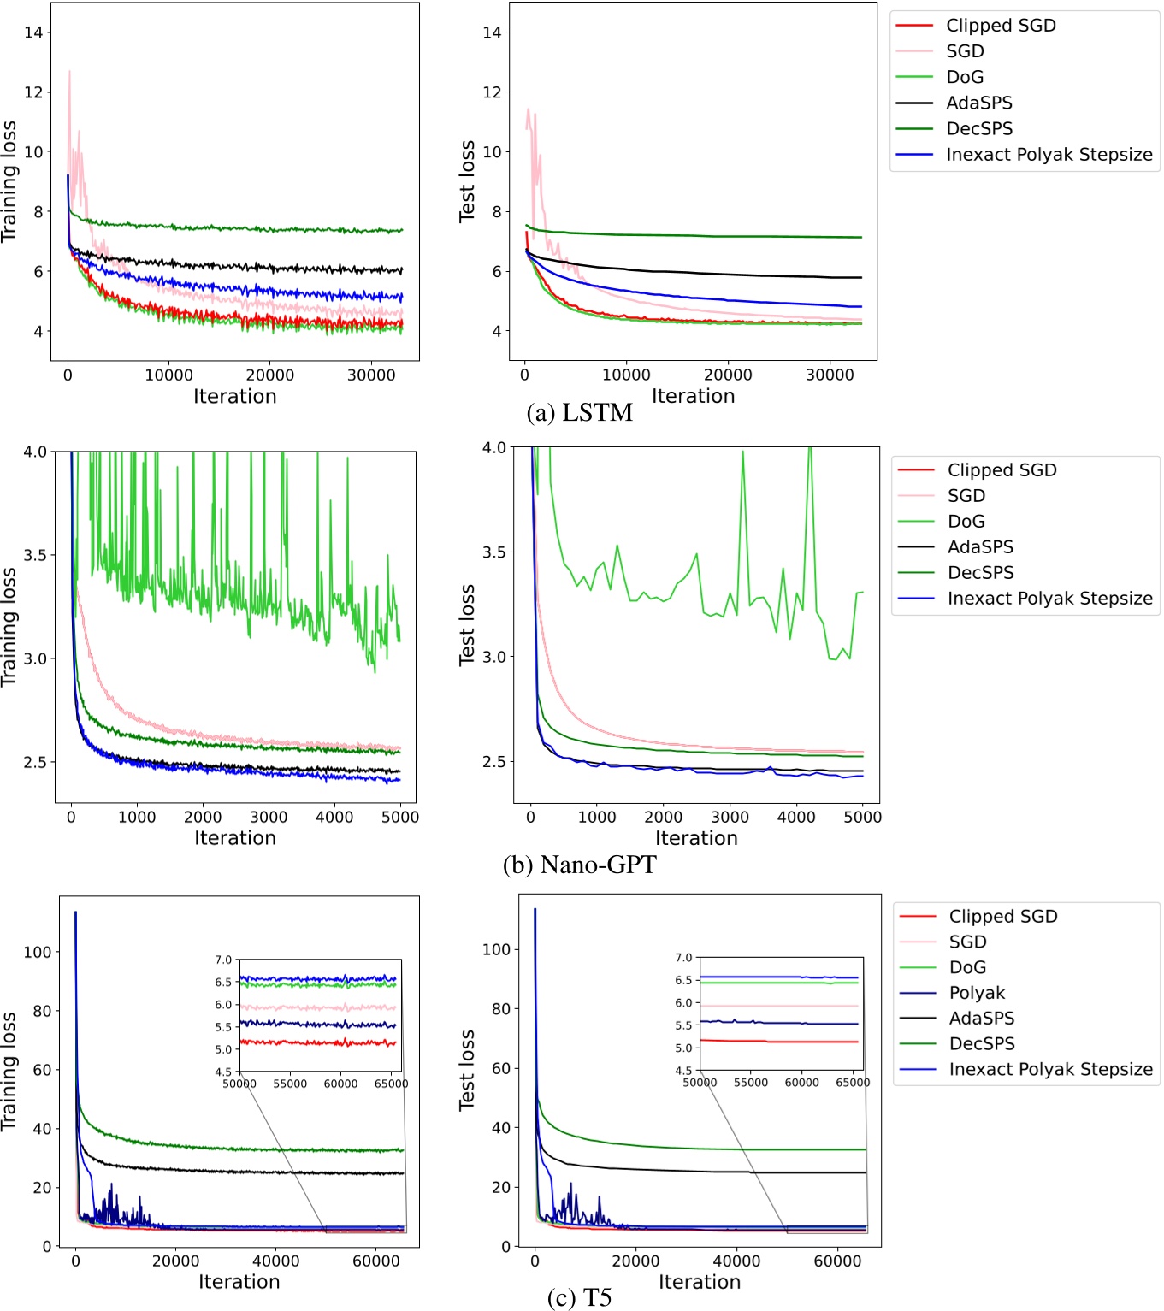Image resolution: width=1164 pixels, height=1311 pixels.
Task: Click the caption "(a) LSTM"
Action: pyautogui.click(x=579, y=413)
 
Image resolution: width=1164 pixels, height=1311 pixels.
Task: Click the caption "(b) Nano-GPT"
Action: pyautogui.click(x=579, y=865)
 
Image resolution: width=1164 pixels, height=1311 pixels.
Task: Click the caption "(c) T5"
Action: pyautogui.click(x=579, y=1298)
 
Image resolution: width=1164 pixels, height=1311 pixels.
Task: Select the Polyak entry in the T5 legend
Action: pyautogui.click(x=977, y=993)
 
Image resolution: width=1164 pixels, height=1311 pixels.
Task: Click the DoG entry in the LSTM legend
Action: pyautogui.click(x=964, y=77)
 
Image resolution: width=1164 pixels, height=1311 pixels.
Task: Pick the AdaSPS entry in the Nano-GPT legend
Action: pyautogui.click(x=980, y=547)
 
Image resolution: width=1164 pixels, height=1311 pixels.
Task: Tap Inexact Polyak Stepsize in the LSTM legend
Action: pyautogui.click(x=1049, y=155)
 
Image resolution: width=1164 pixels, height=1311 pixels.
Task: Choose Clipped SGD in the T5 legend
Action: pyautogui.click(x=1002, y=916)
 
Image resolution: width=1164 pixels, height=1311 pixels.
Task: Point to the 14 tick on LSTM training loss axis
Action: pyautogui.click(x=33, y=32)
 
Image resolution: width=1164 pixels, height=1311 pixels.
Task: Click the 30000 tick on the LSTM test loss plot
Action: pyautogui.click(x=830, y=375)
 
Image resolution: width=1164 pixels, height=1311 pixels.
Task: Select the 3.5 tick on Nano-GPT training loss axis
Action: pyautogui.click(x=35, y=555)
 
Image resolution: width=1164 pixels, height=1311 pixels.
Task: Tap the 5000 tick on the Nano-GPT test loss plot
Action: pyautogui.click(x=862, y=817)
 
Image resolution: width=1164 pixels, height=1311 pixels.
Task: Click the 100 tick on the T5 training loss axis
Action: pyautogui.click(x=37, y=952)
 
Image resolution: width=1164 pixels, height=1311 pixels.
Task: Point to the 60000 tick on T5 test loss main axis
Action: pyautogui.click(x=837, y=1261)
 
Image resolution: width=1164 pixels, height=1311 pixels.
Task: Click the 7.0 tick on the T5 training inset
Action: pyautogui.click(x=223, y=960)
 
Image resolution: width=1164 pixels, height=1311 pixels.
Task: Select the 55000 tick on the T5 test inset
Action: pyautogui.click(x=751, y=1083)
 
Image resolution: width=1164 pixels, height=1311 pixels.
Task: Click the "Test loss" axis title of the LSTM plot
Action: pyautogui.click(x=467, y=181)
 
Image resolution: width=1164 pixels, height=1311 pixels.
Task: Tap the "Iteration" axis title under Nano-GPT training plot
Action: pyautogui.click(x=235, y=838)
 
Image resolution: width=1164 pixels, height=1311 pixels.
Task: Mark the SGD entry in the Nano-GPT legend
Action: pyautogui.click(x=966, y=496)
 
